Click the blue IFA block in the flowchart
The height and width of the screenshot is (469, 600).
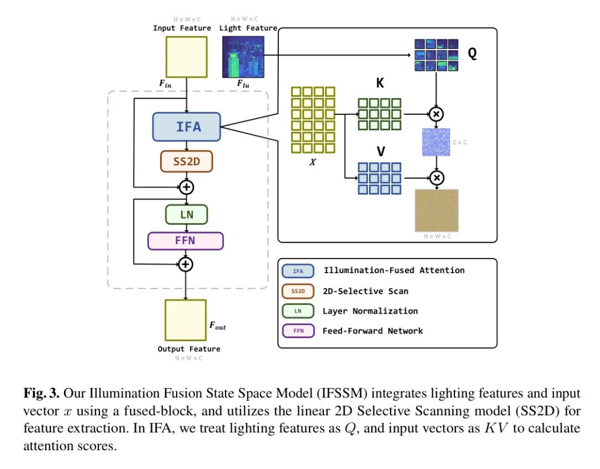coord(187,127)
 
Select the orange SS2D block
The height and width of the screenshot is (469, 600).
coord(187,162)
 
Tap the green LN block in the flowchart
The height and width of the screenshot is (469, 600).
coord(187,214)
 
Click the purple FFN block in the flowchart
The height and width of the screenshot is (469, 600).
coord(186,241)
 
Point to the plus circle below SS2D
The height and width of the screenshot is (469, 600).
coord(187,187)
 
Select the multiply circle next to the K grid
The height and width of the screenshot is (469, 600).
coord(437,114)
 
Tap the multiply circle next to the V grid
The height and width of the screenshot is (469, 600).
coord(437,178)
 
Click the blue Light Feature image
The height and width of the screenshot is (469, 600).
coord(243,57)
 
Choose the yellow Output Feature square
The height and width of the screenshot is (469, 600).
coord(186,320)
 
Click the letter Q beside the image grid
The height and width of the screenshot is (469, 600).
coord(472,54)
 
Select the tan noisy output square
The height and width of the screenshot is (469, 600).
coord(437,210)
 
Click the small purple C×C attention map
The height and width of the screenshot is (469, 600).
coord(437,142)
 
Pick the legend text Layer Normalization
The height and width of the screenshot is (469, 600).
coord(370,311)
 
